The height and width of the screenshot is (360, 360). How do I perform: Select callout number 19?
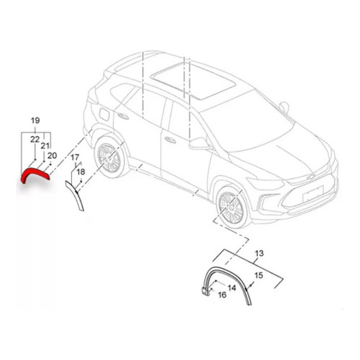point(35,120)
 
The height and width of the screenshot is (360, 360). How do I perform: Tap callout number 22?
point(35,139)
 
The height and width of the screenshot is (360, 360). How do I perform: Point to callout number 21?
point(45,145)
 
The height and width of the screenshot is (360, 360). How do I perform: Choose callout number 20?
point(52,155)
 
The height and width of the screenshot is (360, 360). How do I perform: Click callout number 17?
point(75,157)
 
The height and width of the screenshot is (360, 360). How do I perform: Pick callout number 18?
point(81,172)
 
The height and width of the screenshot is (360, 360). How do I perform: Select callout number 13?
point(259,253)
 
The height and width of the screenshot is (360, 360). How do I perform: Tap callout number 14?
point(232,288)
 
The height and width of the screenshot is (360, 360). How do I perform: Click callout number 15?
point(259,275)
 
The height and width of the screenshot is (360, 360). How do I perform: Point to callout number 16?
point(222,295)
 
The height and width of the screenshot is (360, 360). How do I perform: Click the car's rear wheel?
point(109,158)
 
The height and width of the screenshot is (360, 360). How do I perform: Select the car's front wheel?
point(231,207)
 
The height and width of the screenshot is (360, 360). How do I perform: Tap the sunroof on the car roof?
point(193,81)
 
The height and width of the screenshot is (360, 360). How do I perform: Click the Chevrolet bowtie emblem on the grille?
point(311,177)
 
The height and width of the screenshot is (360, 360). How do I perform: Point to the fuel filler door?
point(104,114)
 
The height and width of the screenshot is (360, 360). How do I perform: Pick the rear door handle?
point(123,116)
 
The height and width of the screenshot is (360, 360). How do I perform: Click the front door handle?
point(170,140)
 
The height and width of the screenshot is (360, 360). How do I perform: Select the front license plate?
point(313,194)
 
